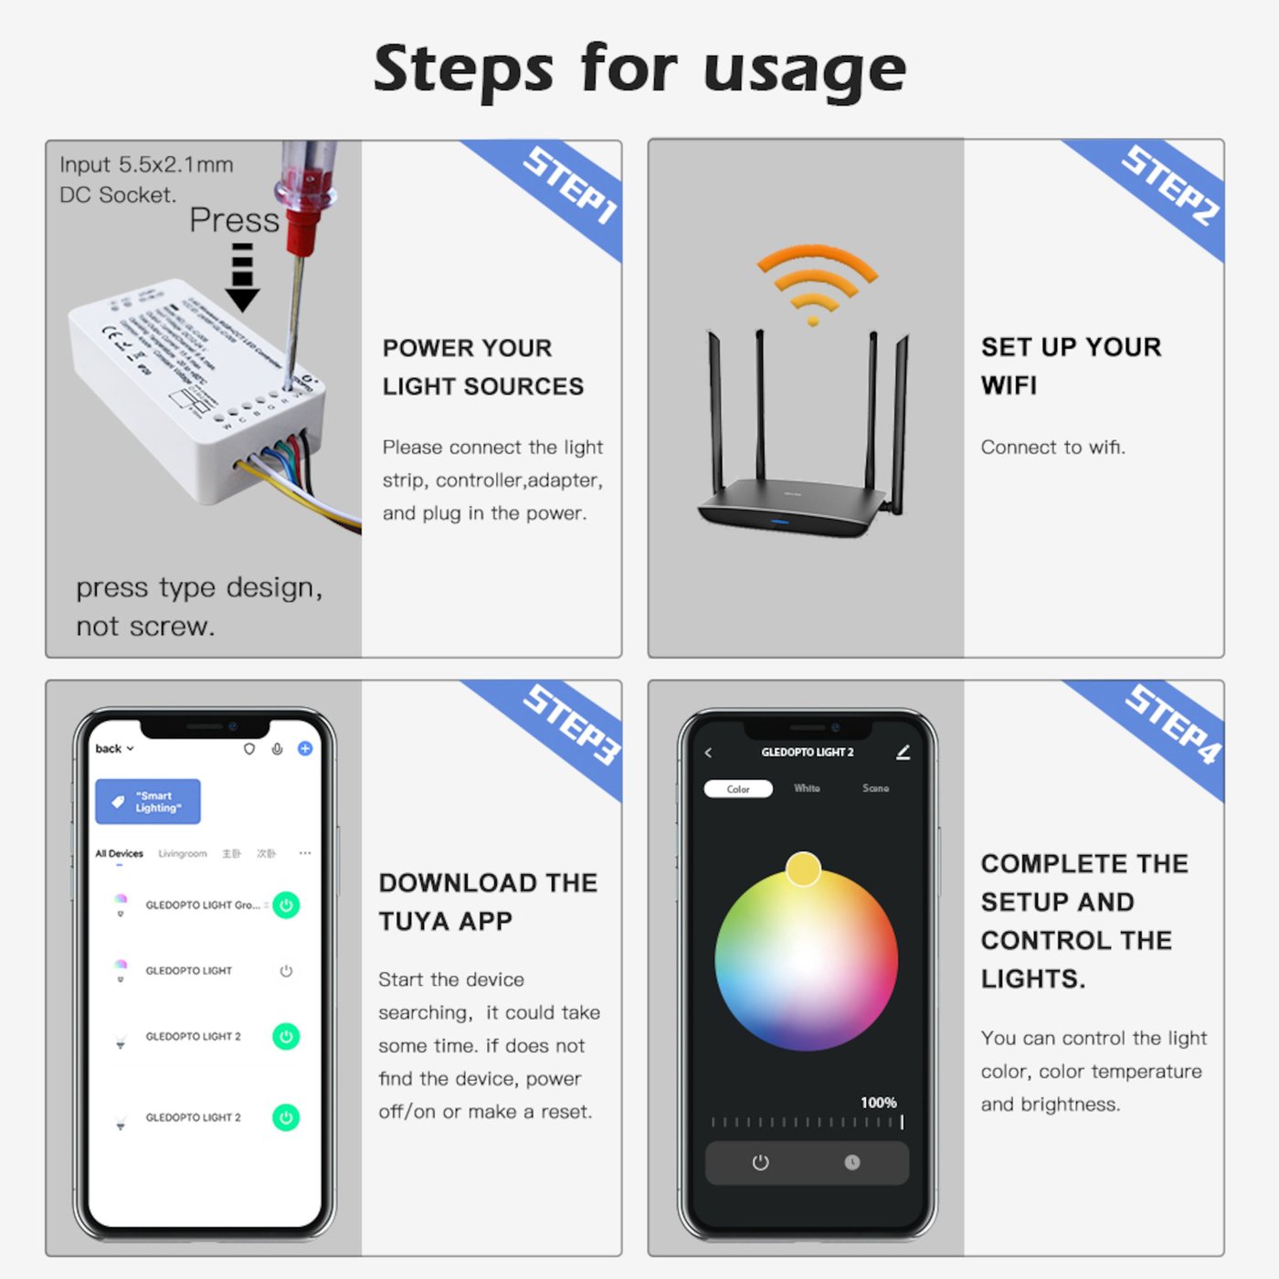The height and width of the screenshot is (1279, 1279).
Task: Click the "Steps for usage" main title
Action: tap(639, 69)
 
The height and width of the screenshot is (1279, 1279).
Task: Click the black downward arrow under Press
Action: tap(242, 279)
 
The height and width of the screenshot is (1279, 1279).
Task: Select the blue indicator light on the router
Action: tap(779, 523)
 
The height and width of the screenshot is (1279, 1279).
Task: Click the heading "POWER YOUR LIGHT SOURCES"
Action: tap(482, 367)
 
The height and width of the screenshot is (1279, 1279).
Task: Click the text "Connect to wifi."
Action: tap(1052, 448)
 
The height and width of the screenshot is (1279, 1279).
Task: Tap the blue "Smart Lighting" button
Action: tap(148, 802)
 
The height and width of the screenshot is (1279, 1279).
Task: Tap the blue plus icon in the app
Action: tap(305, 749)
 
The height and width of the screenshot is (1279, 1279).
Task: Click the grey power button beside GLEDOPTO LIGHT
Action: tap(286, 971)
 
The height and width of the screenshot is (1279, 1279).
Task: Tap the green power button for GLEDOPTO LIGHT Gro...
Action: tap(286, 905)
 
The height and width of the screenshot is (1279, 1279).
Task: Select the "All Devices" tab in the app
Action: tap(119, 854)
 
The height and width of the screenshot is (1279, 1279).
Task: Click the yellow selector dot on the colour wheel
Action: tap(803, 869)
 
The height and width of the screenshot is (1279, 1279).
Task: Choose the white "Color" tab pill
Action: tap(738, 789)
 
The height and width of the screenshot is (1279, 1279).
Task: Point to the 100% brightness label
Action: tap(878, 1103)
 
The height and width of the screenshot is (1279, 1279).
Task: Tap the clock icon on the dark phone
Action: tap(852, 1162)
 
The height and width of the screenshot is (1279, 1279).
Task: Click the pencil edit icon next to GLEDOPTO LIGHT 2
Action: tap(903, 753)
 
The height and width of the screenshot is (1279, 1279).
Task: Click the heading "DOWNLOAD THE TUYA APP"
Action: tap(488, 902)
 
